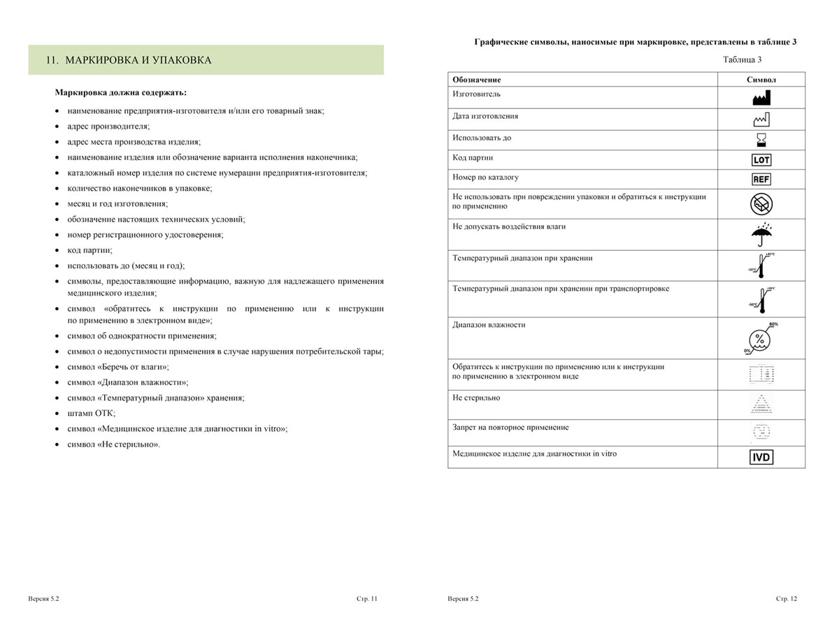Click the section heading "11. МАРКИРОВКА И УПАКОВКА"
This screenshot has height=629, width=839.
coord(128,60)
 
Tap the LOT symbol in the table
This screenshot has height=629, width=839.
coord(761,159)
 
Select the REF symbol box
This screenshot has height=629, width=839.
coord(761,179)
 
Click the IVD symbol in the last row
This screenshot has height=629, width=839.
coord(761,458)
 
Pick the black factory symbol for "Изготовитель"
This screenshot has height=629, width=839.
coord(761,97)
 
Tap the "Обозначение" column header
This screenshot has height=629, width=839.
coord(477,80)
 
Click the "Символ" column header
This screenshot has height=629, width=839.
coord(761,80)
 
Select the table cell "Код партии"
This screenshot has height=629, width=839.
coord(473,158)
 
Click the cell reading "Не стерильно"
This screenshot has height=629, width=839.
coord(476,398)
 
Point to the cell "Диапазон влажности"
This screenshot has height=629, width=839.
coord(489,325)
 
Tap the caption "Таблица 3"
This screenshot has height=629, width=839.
coord(742,59)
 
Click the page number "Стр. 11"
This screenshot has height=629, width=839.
coord(366,599)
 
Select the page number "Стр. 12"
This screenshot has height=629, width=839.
coord(786,599)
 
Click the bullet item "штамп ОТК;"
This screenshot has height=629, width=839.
coord(92,413)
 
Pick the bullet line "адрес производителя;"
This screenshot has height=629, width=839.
coord(108,126)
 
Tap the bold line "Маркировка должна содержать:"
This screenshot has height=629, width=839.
coord(120,92)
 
